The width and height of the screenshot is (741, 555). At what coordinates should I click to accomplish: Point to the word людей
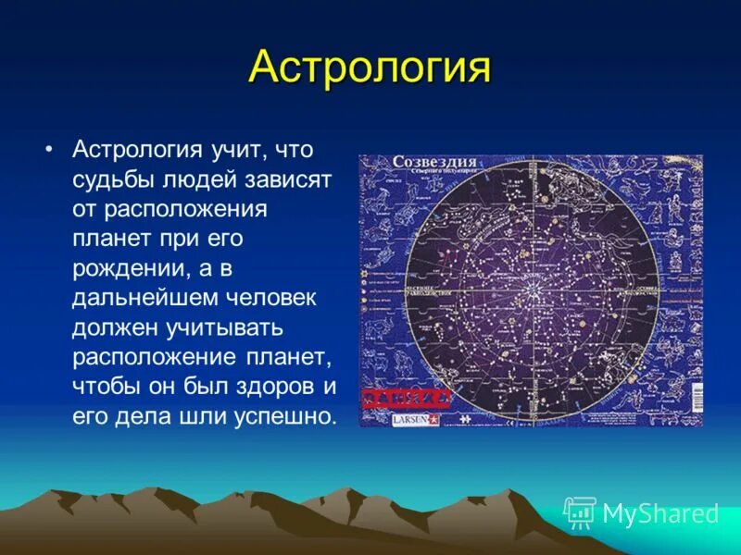coord(203,179)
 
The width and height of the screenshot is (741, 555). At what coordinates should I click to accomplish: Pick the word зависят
coord(290,179)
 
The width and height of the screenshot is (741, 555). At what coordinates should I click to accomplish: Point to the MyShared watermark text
coord(660,513)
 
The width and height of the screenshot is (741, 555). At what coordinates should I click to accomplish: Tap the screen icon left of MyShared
coord(580,512)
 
